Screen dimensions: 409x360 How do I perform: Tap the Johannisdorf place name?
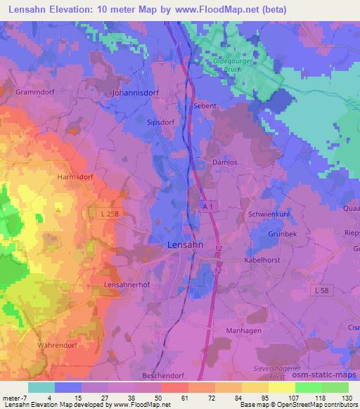(136, 92)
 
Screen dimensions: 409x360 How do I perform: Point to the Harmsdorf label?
(75, 178)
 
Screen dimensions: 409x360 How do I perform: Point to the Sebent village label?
(205, 106)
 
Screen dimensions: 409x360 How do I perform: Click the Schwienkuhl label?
(267, 214)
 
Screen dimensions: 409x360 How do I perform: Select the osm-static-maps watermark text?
(329, 378)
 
